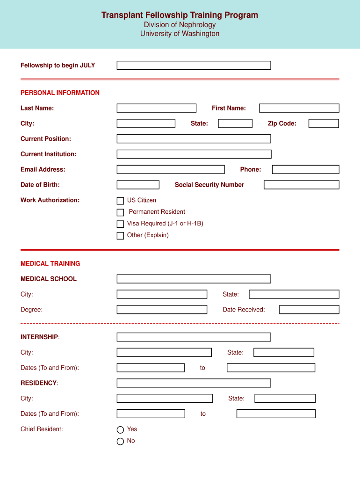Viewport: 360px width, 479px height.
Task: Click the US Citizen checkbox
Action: coord(120,201)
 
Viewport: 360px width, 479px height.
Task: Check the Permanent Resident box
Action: coord(120,212)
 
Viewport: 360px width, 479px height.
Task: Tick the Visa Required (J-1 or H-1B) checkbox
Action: coord(120,224)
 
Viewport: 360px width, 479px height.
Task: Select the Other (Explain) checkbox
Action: coord(120,236)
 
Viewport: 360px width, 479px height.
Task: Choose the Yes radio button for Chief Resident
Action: coord(120,430)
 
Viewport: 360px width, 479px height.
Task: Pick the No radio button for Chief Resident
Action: coord(120,441)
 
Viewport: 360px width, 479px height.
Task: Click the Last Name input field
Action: coord(156,108)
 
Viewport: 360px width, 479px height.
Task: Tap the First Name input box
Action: coord(299,108)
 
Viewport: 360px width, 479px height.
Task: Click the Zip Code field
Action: coord(324,123)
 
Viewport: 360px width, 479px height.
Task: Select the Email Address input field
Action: coord(170,169)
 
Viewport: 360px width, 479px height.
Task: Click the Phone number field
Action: coord(305,169)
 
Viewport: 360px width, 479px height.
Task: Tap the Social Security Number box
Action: coord(301,185)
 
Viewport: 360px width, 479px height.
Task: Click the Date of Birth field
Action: coord(138,185)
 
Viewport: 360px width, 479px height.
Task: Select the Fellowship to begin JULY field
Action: coord(194,65)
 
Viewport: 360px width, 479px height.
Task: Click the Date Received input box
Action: coord(309,310)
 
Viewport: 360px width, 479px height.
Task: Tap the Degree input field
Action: coord(162,310)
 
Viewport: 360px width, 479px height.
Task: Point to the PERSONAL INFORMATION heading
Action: coord(60,93)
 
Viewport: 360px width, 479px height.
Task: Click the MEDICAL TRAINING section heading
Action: coord(50,263)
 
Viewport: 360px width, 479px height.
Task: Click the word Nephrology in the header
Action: coord(194,25)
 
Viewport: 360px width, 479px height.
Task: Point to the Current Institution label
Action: coord(48,154)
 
